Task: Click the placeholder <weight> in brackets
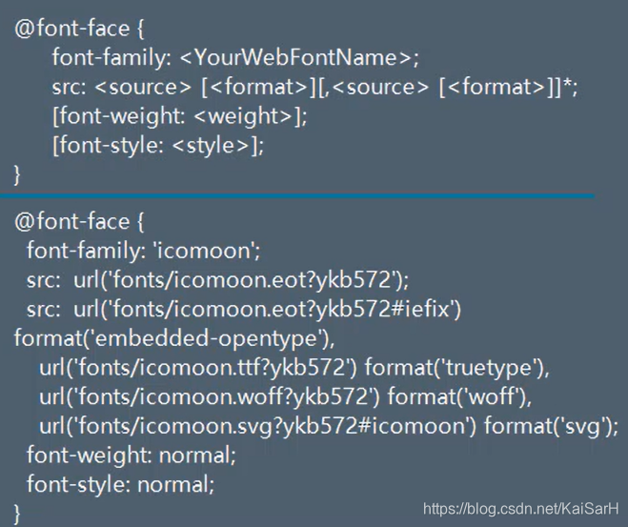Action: (251, 115)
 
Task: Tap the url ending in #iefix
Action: (268, 309)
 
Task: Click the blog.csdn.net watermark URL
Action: (521, 509)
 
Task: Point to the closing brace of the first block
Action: (17, 174)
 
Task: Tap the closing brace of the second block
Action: (17, 514)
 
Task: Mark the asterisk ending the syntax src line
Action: (570, 84)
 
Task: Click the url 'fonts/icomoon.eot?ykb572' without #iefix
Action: (241, 279)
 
